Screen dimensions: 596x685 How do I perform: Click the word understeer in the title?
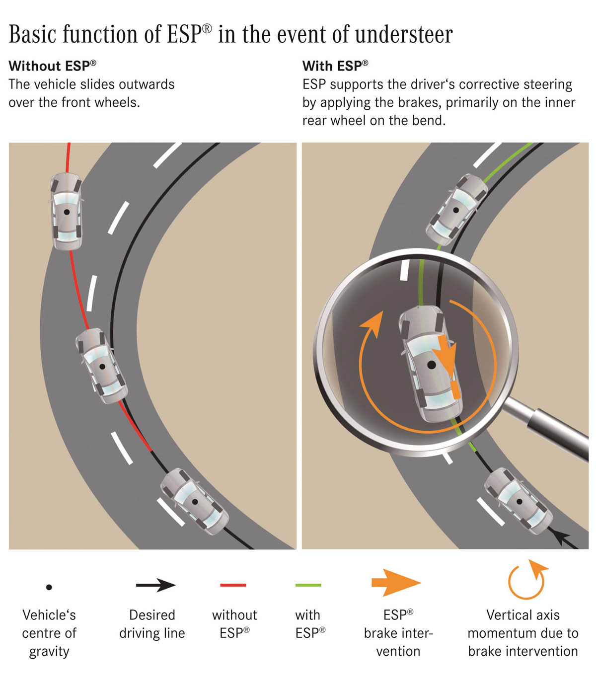[404, 34]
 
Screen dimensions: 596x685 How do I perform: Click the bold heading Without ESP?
[52, 66]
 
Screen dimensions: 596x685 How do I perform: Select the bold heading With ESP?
[335, 66]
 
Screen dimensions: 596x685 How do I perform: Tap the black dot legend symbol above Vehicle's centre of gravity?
[49, 587]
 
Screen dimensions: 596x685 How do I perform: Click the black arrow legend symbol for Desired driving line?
[155, 585]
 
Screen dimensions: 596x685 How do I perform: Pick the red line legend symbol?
[233, 585]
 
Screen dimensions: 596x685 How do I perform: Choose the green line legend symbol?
[308, 585]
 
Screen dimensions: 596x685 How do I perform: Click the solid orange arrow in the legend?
[396, 583]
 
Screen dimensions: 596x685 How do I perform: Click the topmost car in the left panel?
[67, 212]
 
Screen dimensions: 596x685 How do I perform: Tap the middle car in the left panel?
[101, 366]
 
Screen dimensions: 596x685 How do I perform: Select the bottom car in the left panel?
[194, 502]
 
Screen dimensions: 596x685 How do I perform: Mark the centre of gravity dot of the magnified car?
[432, 365]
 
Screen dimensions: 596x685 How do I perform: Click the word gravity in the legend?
[49, 651]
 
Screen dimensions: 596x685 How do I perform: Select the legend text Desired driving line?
[152, 624]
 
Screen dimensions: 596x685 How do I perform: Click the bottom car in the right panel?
[519, 501]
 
